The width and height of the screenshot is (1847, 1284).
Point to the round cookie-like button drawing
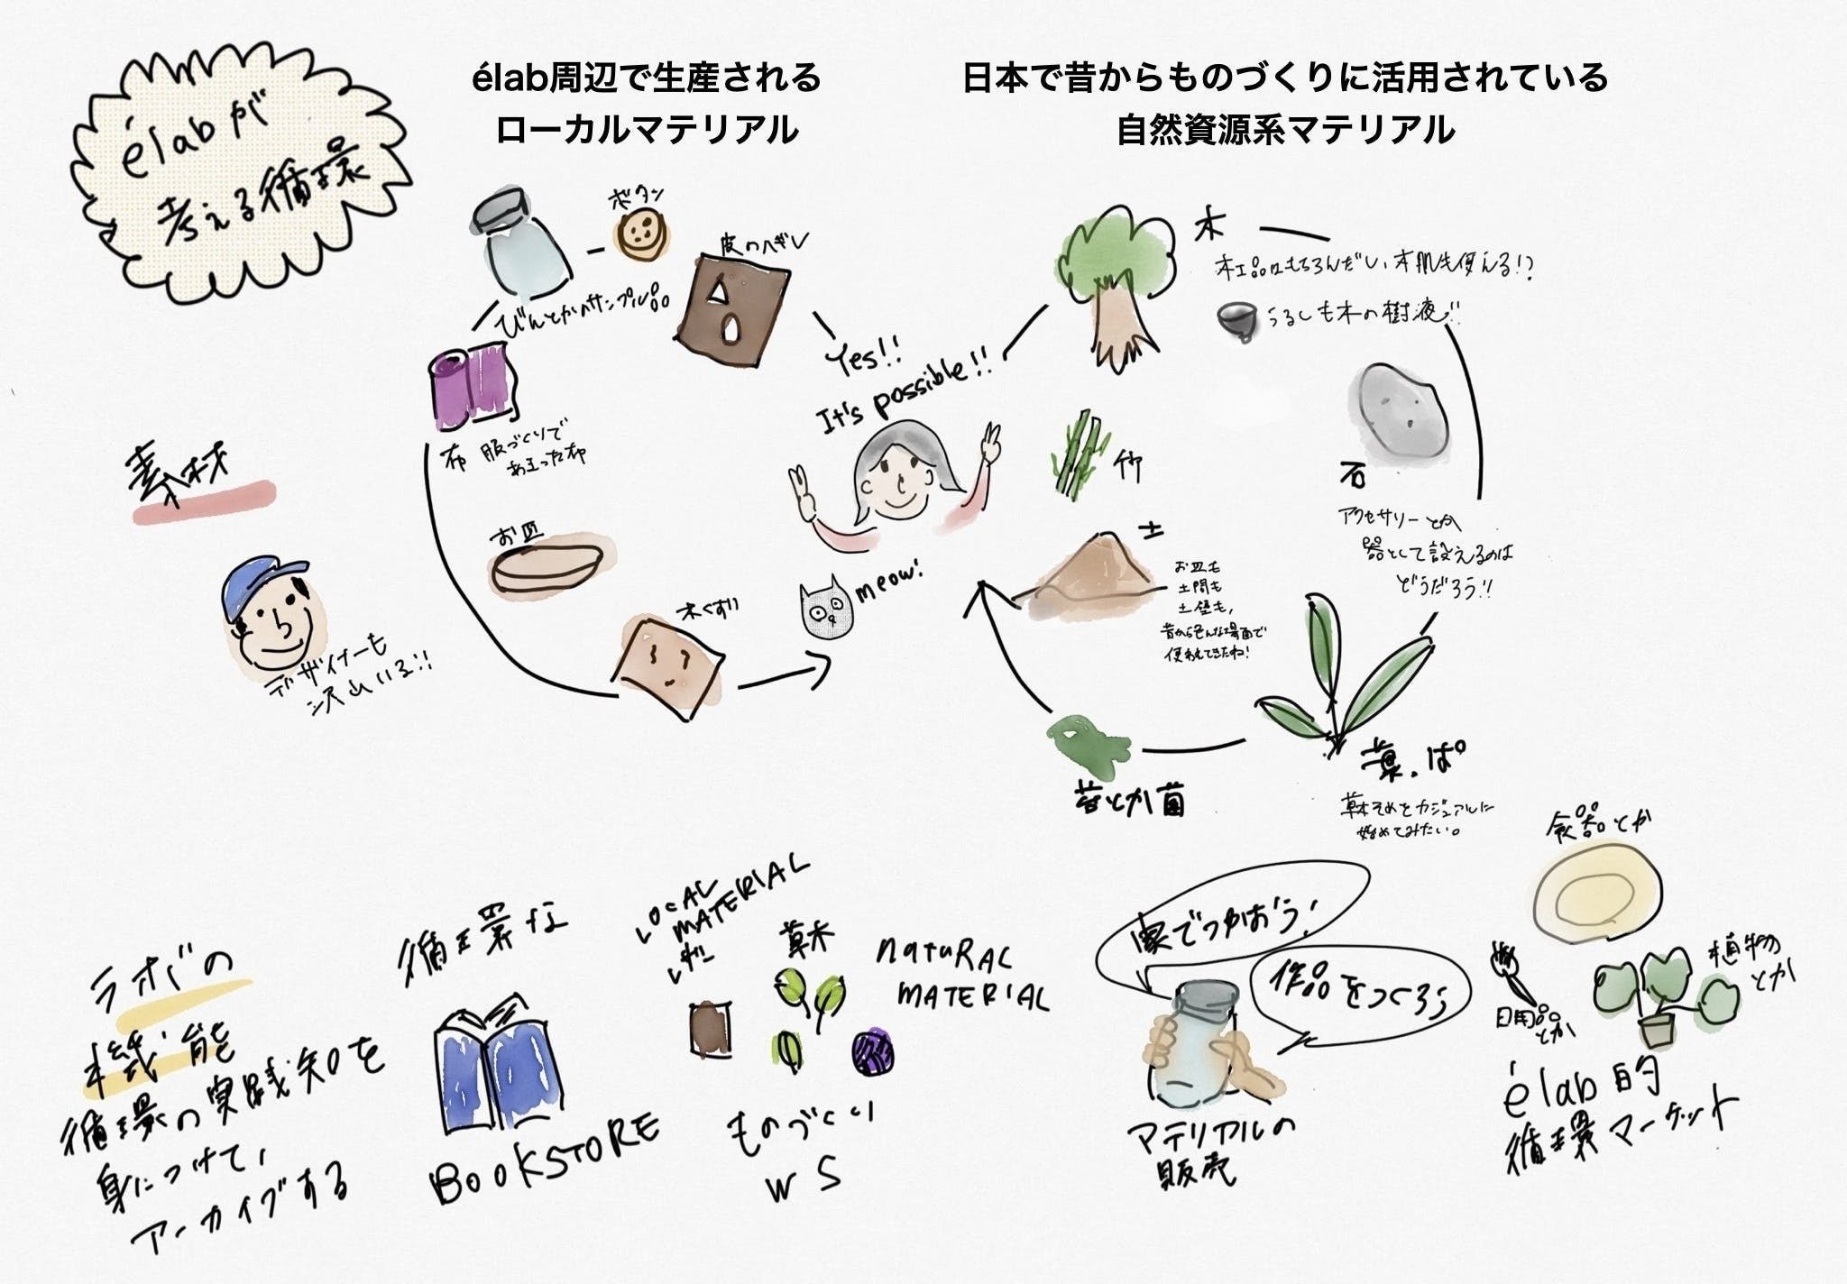pyautogui.click(x=641, y=234)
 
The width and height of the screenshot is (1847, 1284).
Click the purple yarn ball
pyautogui.click(x=872, y=1051)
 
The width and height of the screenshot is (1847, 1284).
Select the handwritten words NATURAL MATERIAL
pyautogui.click(x=961, y=978)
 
